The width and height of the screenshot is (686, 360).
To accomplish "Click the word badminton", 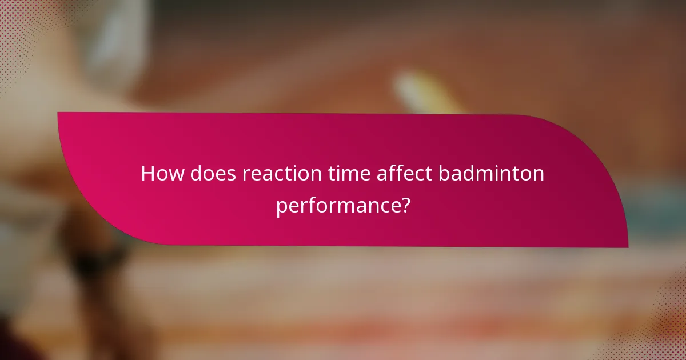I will tap(492, 173).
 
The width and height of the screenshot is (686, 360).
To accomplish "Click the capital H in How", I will tap(148, 173).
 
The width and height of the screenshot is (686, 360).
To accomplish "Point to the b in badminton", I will tap(444, 173).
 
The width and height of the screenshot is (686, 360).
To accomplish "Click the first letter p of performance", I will tap(281, 206).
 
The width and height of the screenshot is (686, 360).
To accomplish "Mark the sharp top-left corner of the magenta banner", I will tap(59, 113).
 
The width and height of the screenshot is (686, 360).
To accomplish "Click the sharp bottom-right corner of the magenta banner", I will tap(627, 246).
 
